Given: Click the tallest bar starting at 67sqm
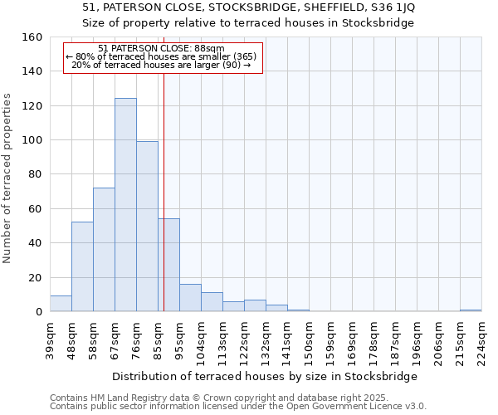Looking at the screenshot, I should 125,205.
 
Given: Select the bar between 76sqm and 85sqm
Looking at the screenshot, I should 147,227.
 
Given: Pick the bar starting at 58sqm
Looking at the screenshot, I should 104,249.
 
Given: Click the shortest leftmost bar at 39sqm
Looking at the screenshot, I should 61,304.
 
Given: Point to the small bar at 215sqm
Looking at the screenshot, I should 471,310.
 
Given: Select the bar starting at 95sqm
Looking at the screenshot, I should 190,298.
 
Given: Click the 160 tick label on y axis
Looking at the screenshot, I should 32,37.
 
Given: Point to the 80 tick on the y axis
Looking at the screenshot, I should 36,174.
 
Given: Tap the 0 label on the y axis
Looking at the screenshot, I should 39,312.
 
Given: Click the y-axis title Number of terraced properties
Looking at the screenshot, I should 8,178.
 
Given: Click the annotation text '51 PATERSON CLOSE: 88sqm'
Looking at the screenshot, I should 160,49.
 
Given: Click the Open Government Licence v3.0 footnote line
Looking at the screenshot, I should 238,407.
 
